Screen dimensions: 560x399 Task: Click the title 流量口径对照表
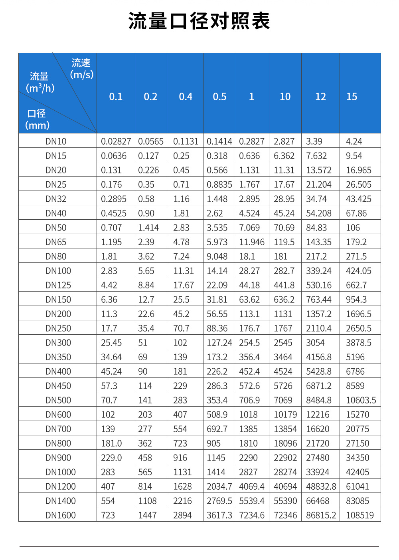[199, 21]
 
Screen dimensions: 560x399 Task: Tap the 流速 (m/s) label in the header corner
[81, 69]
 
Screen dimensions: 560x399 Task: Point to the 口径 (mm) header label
[37, 119]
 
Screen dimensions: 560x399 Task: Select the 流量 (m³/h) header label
[40, 82]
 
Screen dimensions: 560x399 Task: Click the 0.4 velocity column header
[186, 97]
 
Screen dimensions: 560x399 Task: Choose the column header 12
[320, 97]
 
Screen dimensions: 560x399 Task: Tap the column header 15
[352, 97]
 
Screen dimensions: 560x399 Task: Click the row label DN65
[56, 242]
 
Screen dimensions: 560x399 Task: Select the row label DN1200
[60, 487]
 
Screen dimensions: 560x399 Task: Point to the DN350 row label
[58, 357]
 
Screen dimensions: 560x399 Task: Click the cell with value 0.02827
[116, 141]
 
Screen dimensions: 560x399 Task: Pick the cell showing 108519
[360, 515]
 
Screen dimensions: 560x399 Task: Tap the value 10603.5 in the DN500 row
[361, 400]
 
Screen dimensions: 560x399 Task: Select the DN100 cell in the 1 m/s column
[249, 271]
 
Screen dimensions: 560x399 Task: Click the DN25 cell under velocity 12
[319, 185]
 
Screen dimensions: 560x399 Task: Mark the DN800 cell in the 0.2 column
[145, 443]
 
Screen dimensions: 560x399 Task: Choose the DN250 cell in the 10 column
[283, 328]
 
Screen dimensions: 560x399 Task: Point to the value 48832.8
[321, 487]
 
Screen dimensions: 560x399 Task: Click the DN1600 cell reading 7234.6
[252, 515]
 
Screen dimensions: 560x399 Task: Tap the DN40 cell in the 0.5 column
[215, 213]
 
